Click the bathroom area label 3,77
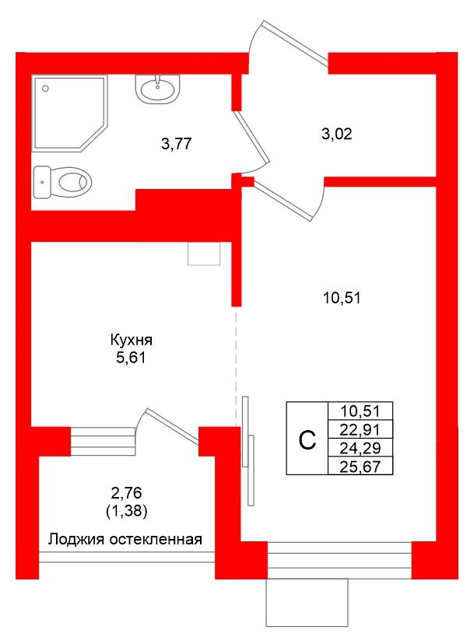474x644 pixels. coord(176,143)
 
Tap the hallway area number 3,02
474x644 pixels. coord(337,134)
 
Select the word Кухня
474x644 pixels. coord(130,340)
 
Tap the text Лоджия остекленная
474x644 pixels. coord(125,539)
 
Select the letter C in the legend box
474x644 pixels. coord(307,440)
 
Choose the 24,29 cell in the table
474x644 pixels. coord(360,448)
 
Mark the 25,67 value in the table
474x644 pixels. coord(360,466)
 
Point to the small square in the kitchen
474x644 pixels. coord(205,253)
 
